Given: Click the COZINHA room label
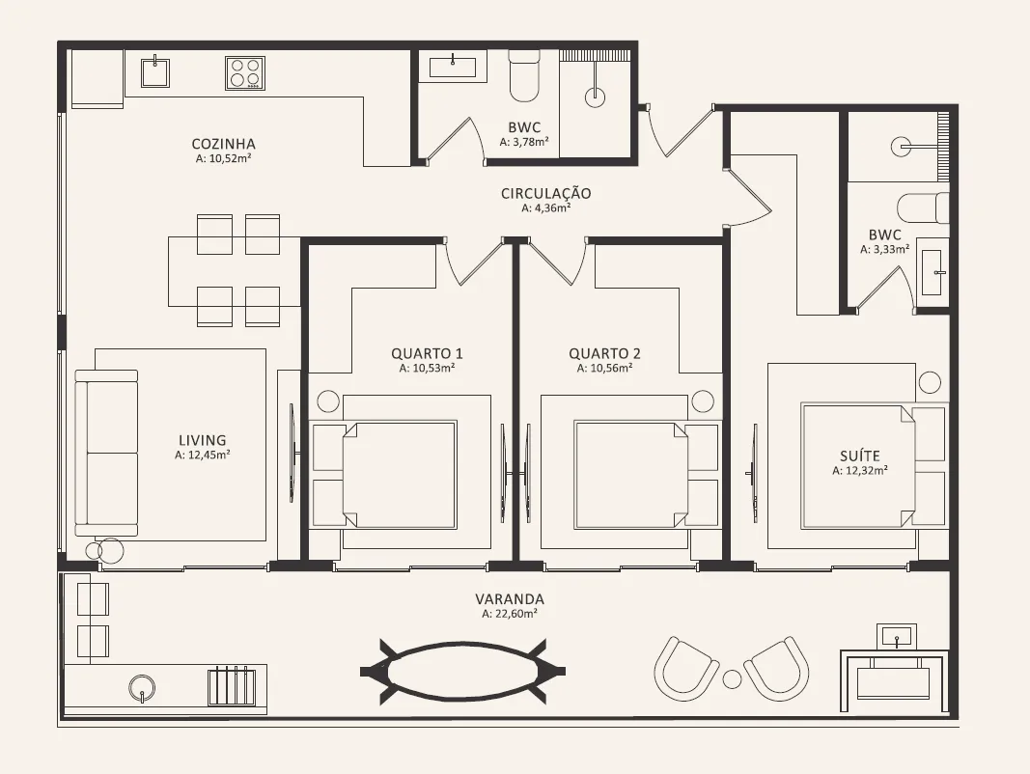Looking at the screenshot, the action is click(x=223, y=144).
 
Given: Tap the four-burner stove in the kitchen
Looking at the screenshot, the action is click(x=245, y=73).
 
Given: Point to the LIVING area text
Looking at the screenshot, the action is click(x=203, y=440).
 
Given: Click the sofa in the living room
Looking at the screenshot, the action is click(x=106, y=453).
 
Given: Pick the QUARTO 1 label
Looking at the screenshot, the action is click(x=428, y=353).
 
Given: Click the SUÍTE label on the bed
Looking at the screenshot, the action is click(x=860, y=456).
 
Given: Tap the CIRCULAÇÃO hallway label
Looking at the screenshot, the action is click(x=545, y=193).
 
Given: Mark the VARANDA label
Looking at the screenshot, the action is click(x=510, y=598).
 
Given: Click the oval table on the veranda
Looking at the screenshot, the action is click(x=463, y=671).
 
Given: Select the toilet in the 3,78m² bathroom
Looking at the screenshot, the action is click(x=524, y=78).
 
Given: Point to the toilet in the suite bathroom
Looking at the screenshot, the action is click(x=923, y=208).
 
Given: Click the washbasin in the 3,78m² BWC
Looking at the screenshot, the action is click(x=454, y=68).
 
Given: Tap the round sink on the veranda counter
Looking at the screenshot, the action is click(x=142, y=688).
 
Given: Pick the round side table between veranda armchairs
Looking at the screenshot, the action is click(x=732, y=679).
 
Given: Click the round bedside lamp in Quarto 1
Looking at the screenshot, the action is click(x=328, y=401).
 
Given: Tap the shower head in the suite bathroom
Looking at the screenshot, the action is click(x=902, y=147).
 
